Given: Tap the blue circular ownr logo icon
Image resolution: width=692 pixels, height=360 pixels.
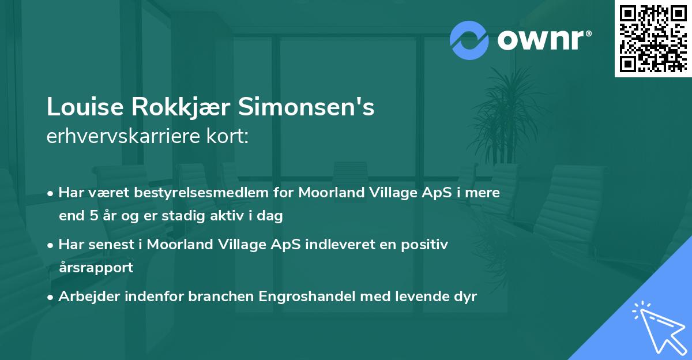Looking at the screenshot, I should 469,40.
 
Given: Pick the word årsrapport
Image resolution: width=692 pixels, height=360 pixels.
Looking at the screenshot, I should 96,268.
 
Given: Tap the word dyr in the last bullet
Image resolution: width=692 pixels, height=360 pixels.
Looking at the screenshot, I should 465,297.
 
